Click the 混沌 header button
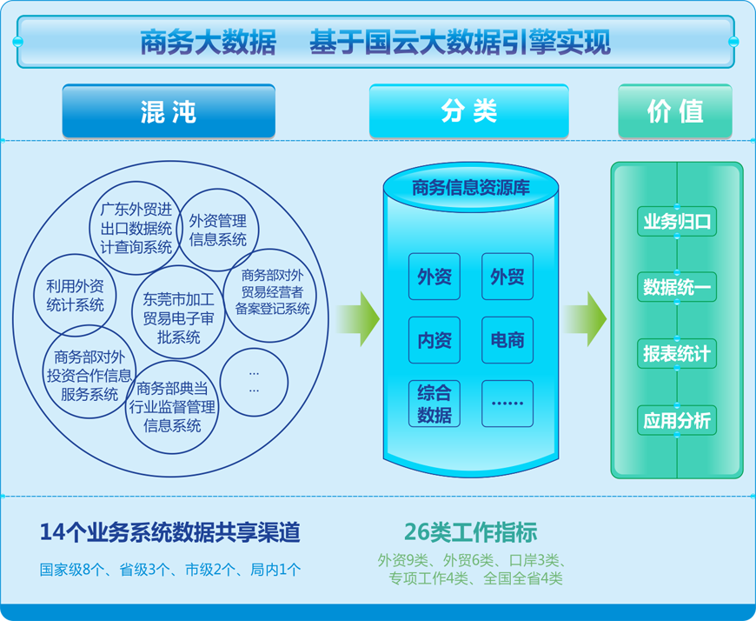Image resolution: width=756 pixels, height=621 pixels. pos(169,111)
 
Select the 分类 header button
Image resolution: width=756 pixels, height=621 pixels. pos(468,111)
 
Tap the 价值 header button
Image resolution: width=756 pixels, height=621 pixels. pos(675,111)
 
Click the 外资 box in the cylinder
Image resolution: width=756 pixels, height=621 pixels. pos(434,277)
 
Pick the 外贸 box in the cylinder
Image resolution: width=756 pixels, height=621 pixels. pos(507,277)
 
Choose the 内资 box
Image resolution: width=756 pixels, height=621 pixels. pos(434,340)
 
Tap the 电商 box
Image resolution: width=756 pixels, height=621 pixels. pos(507,340)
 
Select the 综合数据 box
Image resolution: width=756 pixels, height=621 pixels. pos(434,404)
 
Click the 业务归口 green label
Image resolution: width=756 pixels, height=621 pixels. pos(677,222)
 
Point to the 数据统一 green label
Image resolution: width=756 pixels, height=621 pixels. pos(677,287)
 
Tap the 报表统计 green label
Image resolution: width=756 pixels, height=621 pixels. pos(677,354)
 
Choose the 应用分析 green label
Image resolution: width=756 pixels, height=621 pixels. pos(677,420)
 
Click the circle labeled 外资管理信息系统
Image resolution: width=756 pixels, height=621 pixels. pos(217,230)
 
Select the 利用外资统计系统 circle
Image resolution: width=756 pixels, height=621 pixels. pos(76,296)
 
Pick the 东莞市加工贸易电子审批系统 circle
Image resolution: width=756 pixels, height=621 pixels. pos(178,311)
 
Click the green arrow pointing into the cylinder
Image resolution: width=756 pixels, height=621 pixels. pos(357,319)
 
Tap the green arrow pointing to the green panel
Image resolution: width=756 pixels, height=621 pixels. pos(585,319)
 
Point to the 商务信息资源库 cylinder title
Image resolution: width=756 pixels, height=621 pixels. pos(471,188)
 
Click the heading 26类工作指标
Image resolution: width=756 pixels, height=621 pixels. pos(471,532)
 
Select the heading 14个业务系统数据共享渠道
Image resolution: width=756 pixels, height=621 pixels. pos(170,532)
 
